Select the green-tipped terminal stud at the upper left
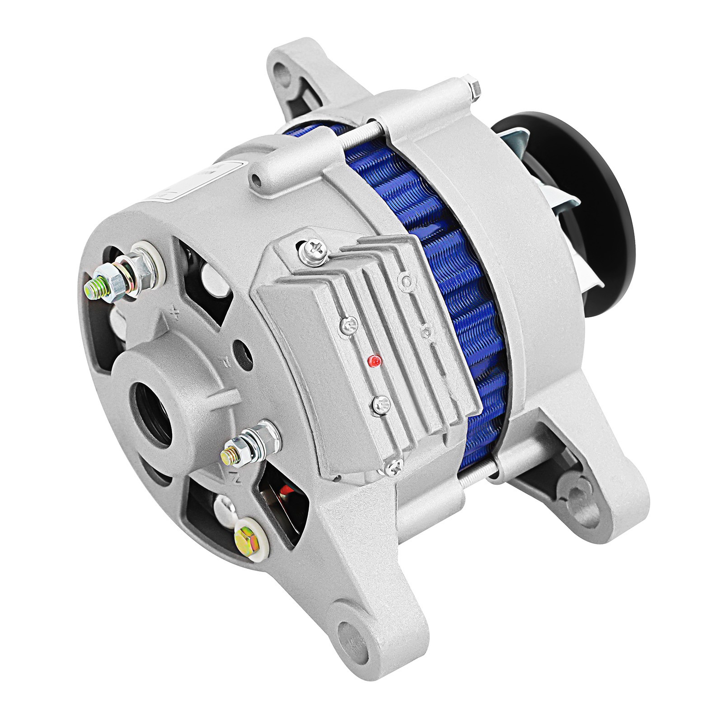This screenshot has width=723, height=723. coord(96,286)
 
